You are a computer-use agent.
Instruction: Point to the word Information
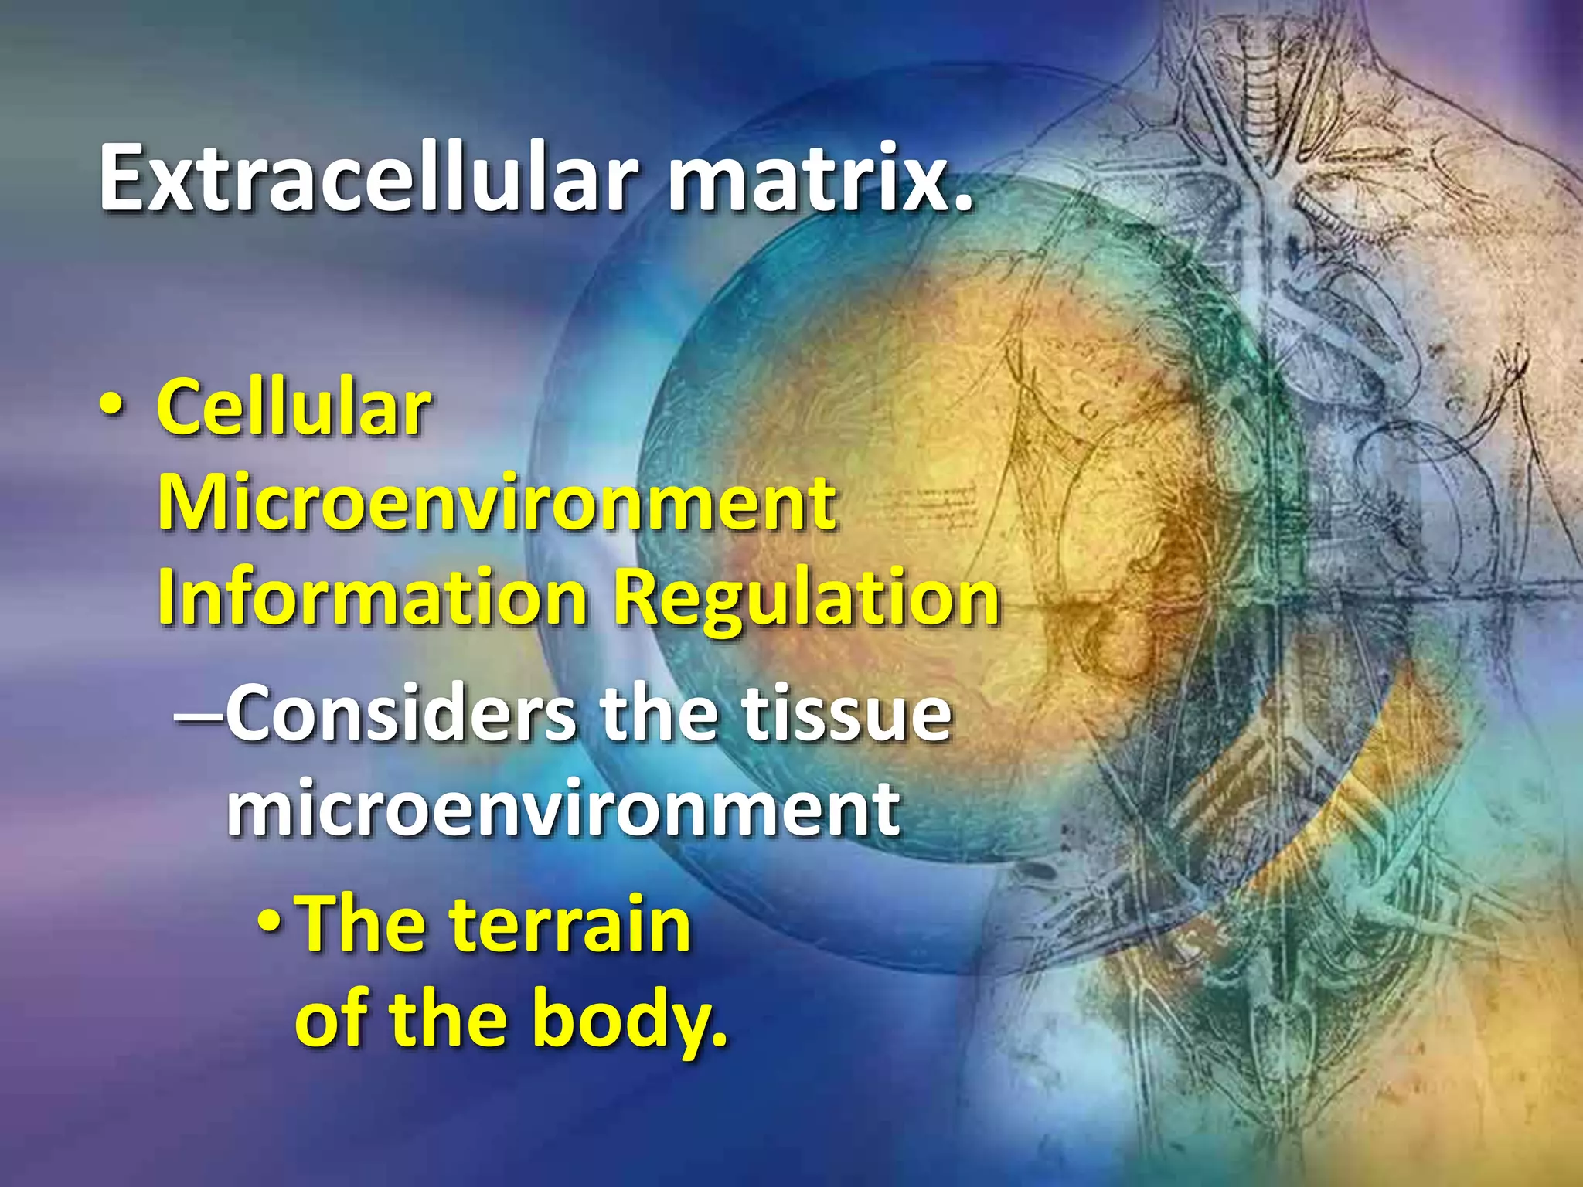[x=373, y=599]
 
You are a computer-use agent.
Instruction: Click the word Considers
[x=402, y=715]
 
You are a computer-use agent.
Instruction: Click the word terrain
[x=570, y=924]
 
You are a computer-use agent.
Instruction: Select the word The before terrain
[x=363, y=924]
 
